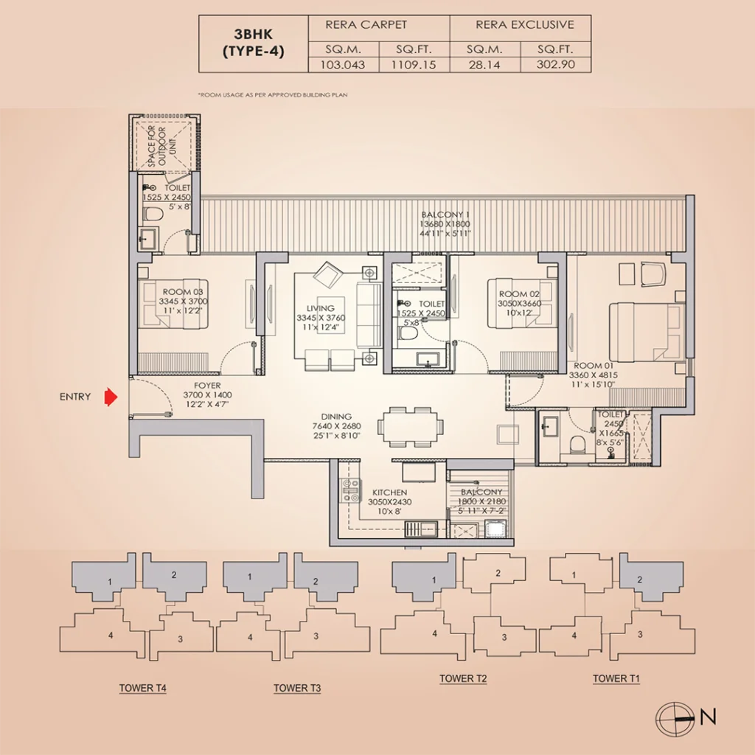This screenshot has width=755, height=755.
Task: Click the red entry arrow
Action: pos(111,397)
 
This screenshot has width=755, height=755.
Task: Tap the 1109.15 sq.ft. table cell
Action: pos(414,65)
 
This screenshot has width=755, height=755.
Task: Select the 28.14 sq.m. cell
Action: pos(484,65)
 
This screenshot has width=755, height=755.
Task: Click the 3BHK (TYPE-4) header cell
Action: pos(254,44)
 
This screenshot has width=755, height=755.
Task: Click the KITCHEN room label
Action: pos(389,493)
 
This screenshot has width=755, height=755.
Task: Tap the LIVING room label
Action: pos(320,308)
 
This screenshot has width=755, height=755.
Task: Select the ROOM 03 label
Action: pos(183,292)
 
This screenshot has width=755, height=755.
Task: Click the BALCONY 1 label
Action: pos(445,215)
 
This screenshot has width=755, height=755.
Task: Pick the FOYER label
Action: pos(207,386)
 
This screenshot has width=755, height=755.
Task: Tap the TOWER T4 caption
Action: pos(142,689)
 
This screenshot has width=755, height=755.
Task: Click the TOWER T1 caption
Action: pos(616,679)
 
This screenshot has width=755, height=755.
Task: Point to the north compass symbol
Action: pos(675,720)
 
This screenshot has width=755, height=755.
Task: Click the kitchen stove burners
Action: pos(350,490)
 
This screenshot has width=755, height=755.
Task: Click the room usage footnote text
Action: pos(273,95)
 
